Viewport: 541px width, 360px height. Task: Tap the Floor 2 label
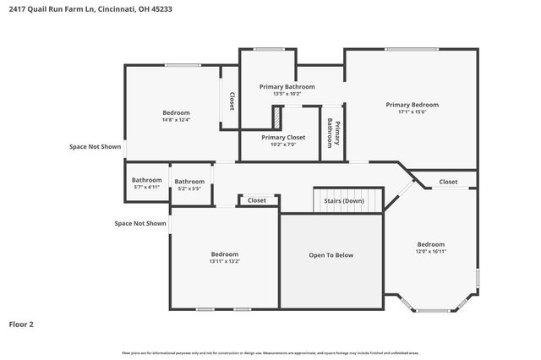tap(21, 324)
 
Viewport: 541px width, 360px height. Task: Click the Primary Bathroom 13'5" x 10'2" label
tap(287, 90)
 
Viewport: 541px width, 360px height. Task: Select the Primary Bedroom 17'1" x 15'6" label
tap(413, 108)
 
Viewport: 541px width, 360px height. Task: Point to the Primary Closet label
tap(283, 140)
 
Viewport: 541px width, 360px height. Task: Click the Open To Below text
tap(331, 255)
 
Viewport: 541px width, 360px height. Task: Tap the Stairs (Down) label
tap(344, 201)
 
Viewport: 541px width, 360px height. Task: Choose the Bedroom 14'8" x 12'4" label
tap(176, 116)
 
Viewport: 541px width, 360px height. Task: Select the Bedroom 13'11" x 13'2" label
tap(225, 257)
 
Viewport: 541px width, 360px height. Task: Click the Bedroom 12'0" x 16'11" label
tap(430, 248)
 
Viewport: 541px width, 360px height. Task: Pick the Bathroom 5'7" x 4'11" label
tap(146, 183)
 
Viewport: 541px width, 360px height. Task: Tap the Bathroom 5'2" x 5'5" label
tap(189, 184)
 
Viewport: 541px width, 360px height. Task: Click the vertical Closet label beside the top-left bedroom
tap(232, 101)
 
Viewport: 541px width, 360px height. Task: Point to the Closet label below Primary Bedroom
tap(448, 182)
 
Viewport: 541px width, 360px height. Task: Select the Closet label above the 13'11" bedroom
tap(257, 200)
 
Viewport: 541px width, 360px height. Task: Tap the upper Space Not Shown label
tap(95, 146)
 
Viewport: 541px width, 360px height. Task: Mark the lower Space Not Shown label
tap(140, 223)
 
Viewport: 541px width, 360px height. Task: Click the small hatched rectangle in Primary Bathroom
tap(276, 115)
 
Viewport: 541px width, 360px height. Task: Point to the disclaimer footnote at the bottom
tap(270, 352)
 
